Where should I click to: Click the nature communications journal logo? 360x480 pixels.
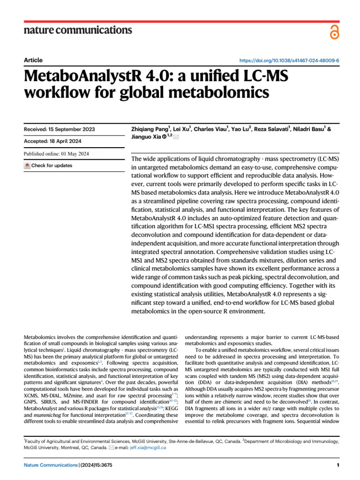(x=77, y=30)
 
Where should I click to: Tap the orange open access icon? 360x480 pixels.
(x=333, y=31)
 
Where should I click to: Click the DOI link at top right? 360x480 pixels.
(x=289, y=61)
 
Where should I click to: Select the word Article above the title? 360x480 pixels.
(x=33, y=60)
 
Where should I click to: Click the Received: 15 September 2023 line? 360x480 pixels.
(x=59, y=129)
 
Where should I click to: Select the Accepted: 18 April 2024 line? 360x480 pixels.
(x=53, y=141)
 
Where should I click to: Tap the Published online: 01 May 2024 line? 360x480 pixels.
(x=56, y=154)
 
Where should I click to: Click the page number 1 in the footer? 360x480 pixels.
(x=337, y=465)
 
